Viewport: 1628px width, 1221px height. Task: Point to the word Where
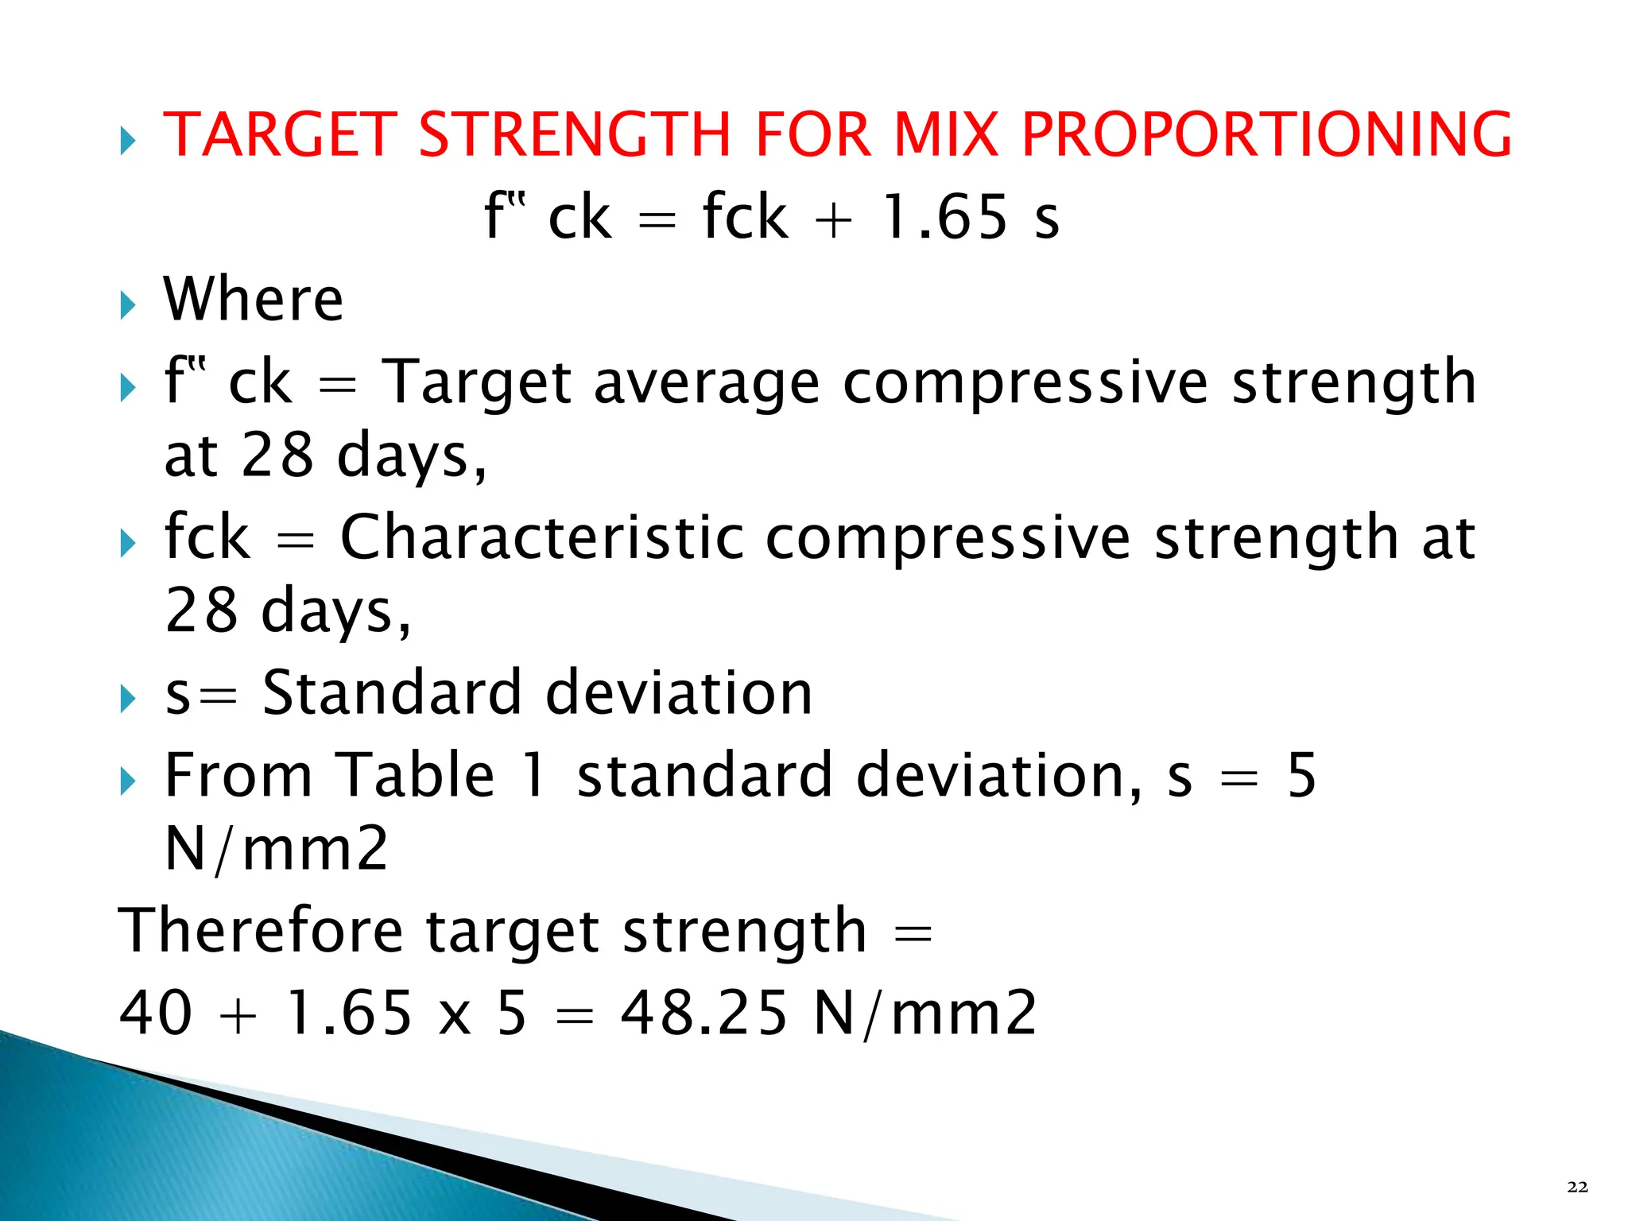tap(253, 299)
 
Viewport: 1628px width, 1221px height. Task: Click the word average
tap(706, 383)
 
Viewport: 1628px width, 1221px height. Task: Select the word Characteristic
tap(542, 537)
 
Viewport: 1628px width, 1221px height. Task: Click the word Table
tap(416, 775)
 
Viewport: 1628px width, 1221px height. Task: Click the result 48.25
tap(704, 1013)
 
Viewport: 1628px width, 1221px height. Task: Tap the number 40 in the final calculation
tap(156, 1013)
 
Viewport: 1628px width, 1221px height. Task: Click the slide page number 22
tap(1578, 1187)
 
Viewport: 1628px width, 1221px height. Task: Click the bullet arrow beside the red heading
tap(127, 141)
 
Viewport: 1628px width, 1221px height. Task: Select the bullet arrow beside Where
tap(127, 305)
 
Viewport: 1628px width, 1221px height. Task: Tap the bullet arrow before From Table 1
tap(127, 782)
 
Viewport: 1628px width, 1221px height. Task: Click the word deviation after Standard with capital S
tap(679, 692)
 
